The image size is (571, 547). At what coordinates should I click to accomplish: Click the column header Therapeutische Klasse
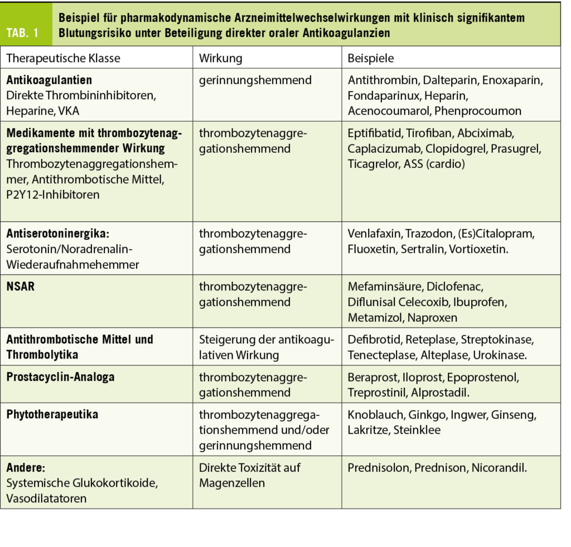(x=63, y=58)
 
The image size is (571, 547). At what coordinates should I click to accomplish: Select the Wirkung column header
(x=221, y=58)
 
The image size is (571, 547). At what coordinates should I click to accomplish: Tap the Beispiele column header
(x=370, y=58)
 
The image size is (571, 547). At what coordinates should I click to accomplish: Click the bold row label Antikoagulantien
(x=49, y=80)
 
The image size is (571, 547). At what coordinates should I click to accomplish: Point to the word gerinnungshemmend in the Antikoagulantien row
(x=255, y=80)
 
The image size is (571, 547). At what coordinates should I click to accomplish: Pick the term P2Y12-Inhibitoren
(x=53, y=194)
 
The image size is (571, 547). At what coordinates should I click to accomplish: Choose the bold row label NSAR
(x=21, y=287)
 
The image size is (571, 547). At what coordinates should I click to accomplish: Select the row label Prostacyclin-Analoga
(x=60, y=377)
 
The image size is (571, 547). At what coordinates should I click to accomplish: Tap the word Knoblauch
(x=375, y=415)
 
